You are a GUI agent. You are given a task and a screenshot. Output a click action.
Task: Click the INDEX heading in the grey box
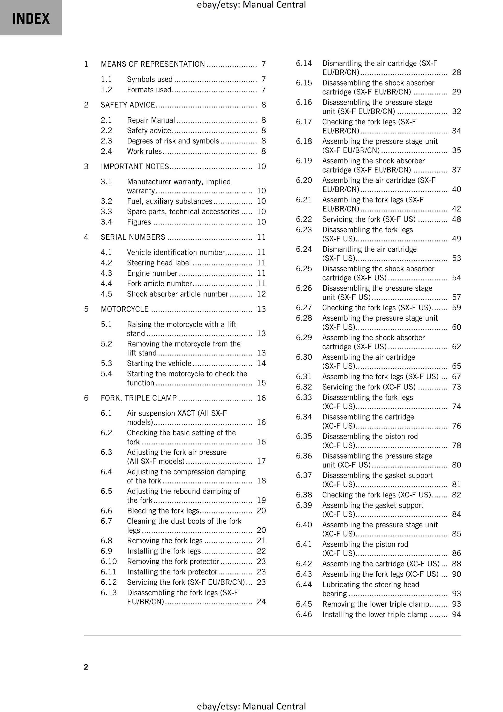tap(31, 19)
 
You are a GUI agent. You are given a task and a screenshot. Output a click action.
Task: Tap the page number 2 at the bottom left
tap(86, 667)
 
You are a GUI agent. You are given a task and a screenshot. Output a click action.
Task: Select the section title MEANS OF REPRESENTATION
tap(153, 64)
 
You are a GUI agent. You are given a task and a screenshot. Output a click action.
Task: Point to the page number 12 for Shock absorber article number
tap(261, 294)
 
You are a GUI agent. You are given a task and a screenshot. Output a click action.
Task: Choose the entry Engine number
tap(152, 273)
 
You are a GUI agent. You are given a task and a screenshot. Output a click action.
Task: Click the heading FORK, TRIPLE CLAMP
tap(139, 398)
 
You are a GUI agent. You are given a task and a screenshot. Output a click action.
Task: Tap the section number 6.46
tap(304, 614)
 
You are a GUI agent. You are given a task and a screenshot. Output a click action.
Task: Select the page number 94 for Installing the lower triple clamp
tap(456, 614)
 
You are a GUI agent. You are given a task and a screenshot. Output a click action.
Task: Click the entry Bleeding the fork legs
tap(163, 511)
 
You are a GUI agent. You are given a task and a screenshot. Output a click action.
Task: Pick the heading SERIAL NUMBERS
tap(133, 237)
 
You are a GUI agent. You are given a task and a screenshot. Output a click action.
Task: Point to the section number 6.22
tap(304, 219)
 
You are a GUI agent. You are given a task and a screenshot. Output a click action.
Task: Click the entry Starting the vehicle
tap(159, 363)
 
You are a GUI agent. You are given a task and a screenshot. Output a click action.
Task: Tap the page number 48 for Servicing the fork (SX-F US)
tap(456, 219)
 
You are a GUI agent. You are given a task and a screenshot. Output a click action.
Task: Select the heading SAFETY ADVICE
tap(128, 105)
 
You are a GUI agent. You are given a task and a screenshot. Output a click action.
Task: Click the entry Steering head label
tap(159, 263)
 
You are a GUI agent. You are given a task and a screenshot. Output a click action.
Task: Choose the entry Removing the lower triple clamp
tap(376, 604)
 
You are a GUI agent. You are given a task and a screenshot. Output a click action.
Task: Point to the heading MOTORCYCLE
tap(125, 309)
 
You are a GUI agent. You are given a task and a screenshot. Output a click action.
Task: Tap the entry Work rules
tap(144, 151)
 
